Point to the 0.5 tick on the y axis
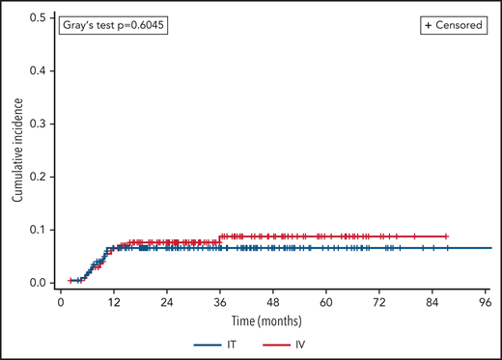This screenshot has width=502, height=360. point(36,18)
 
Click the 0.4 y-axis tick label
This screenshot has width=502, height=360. point(36,71)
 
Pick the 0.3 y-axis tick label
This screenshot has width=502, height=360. point(36,125)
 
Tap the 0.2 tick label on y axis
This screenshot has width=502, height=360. point(36,178)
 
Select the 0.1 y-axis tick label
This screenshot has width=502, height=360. point(36,230)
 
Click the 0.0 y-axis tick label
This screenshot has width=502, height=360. point(36,283)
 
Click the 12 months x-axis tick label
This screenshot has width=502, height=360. point(113,301)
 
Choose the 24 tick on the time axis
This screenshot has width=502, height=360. point(166,301)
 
